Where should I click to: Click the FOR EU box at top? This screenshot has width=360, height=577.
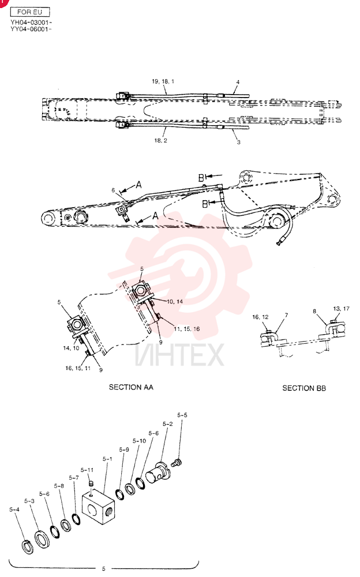point(30,12)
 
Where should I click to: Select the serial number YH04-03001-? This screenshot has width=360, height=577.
point(31,23)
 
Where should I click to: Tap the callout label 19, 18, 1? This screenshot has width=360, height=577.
point(163,81)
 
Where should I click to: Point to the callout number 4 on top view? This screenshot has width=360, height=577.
point(238,82)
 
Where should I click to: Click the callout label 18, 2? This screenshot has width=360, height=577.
point(160,141)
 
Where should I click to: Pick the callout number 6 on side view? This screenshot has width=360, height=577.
point(114,190)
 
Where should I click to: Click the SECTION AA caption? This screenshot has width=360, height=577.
point(131,387)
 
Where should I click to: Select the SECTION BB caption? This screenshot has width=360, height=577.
point(304,388)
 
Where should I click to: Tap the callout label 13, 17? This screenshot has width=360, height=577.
point(341,309)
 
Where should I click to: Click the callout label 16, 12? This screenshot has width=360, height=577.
point(260,317)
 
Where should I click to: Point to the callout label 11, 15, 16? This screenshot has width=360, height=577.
point(186,329)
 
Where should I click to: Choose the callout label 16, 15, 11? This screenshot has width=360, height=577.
point(78,368)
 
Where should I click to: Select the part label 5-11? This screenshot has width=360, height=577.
point(87,470)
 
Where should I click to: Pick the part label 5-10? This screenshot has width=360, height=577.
point(139,441)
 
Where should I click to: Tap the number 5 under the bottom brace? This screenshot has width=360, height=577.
point(103,569)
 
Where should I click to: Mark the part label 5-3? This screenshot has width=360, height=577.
point(29,501)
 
